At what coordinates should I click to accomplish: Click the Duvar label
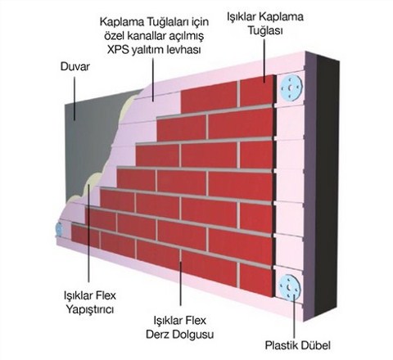(75, 67)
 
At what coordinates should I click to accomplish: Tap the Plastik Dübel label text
(298, 345)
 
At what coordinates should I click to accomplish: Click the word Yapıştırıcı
(90, 310)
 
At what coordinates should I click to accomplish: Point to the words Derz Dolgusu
(179, 335)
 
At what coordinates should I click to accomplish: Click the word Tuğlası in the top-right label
(265, 31)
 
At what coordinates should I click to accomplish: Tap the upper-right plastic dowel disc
(291, 88)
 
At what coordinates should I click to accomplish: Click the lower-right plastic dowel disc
(290, 287)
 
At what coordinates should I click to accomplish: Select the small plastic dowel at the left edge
(59, 228)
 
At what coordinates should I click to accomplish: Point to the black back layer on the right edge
(327, 186)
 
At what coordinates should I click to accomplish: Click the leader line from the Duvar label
(75, 98)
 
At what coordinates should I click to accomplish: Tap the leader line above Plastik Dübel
(294, 317)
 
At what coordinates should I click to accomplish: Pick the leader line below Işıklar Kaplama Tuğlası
(264, 61)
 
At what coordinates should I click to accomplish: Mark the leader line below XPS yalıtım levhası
(153, 79)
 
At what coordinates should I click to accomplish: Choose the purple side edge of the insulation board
(310, 186)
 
